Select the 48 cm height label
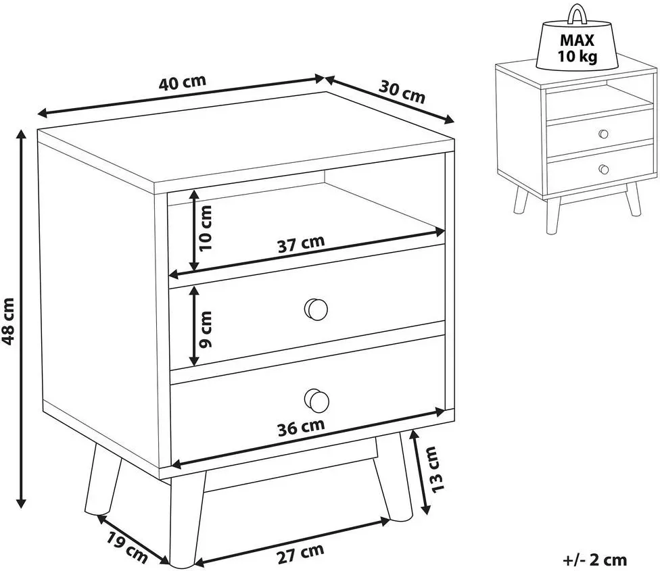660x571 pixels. (x=9, y=321)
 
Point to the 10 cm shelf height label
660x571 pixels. (x=206, y=229)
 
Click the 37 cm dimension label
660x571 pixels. (x=301, y=243)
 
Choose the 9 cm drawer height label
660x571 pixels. (x=206, y=330)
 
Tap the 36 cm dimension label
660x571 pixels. (x=301, y=427)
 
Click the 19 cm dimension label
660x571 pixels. (x=126, y=547)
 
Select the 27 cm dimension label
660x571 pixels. (x=300, y=555)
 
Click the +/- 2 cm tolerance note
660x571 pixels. (x=595, y=560)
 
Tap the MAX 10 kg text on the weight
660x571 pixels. (x=577, y=47)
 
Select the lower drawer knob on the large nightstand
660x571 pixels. (x=316, y=399)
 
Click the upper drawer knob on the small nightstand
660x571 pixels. (x=604, y=134)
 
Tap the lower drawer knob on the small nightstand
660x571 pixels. (x=604, y=169)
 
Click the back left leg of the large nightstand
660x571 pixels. (x=103, y=479)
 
